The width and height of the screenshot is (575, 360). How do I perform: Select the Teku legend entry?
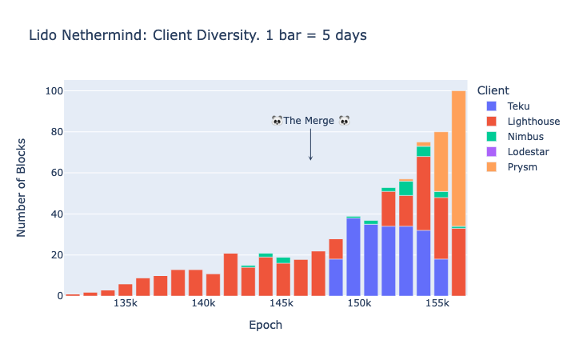click(517, 106)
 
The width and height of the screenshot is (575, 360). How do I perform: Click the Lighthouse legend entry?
click(532, 122)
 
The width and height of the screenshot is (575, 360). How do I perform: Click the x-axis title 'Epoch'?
click(265, 326)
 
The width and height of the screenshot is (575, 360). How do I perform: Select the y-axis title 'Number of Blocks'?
click(22, 189)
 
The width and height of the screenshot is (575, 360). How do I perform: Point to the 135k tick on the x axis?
click(126, 306)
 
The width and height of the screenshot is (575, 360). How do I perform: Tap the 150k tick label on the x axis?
click(359, 306)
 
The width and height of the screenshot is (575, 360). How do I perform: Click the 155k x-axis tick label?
click(437, 306)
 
